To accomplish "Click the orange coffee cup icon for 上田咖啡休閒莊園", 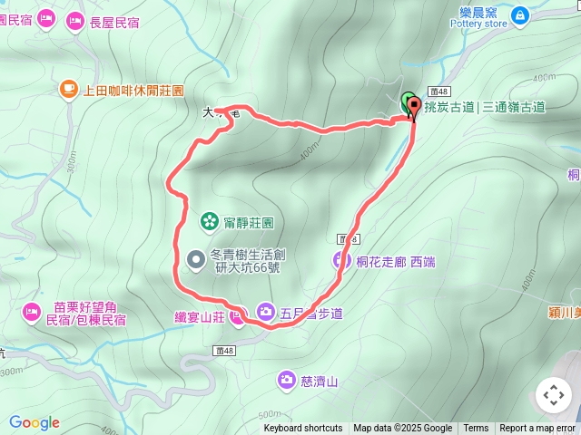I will point(68,89).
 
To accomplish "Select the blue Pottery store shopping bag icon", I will point(519,14).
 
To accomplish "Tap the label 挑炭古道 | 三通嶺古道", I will point(484,107).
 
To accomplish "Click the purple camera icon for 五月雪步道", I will point(265,312).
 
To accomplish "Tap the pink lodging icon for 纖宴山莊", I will point(237,316).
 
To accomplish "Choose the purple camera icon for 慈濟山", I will point(287,380).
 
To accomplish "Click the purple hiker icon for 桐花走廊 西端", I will point(341,261).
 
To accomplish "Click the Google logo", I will point(34,422).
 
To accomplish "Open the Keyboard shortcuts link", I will point(303,429).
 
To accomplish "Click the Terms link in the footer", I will point(476,429).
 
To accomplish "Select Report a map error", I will point(537,429).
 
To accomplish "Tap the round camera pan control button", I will point(554,395).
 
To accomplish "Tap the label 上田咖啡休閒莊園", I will point(133,91).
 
